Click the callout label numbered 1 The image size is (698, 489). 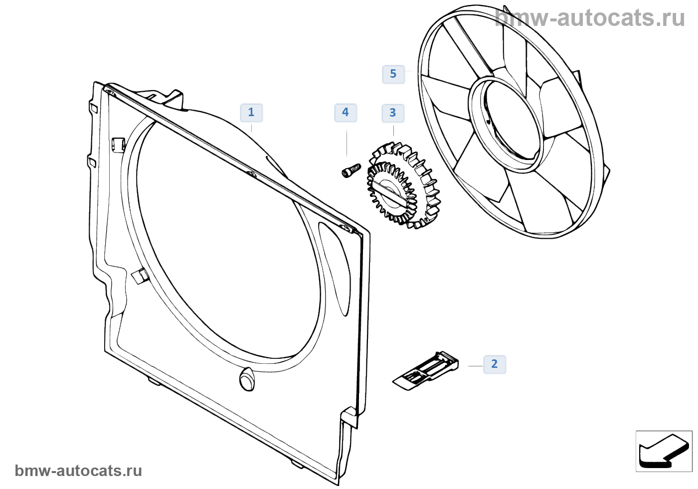click(x=251, y=113)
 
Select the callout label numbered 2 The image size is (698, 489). click(x=494, y=364)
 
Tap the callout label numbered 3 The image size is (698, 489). click(x=393, y=113)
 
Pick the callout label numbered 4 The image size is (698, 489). click(x=345, y=113)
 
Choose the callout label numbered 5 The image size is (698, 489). click(x=393, y=74)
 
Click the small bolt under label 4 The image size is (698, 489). click(x=350, y=170)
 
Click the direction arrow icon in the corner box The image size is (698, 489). click(x=663, y=451)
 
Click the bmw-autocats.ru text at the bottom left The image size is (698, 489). click(x=78, y=471)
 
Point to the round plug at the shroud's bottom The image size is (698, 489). click(x=247, y=380)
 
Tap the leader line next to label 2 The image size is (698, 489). click(x=475, y=366)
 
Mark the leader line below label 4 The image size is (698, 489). click(x=347, y=142)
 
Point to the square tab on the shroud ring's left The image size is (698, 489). click(x=139, y=276)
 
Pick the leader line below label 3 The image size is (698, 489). click(x=394, y=131)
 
